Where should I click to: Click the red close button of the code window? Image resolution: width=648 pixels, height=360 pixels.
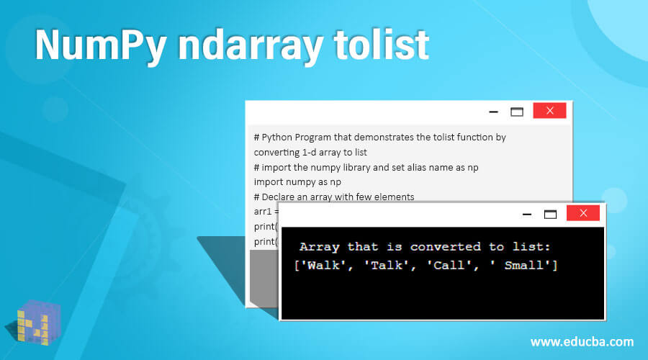pyautogui.click(x=549, y=111)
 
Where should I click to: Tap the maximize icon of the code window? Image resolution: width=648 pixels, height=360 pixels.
pyautogui.click(x=516, y=112)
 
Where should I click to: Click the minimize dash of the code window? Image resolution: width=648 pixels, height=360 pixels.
pyautogui.click(x=493, y=112)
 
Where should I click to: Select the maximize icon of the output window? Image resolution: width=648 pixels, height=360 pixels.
pyautogui.click(x=550, y=214)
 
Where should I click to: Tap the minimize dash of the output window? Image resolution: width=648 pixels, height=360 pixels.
pyautogui.click(x=527, y=214)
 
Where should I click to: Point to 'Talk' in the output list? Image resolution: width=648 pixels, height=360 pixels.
pyautogui.click(x=387, y=265)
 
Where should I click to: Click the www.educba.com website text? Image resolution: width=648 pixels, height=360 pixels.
pyautogui.click(x=582, y=341)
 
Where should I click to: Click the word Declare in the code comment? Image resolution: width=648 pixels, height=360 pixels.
pyautogui.click(x=280, y=197)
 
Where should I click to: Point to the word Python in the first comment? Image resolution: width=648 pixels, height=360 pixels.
pyautogui.click(x=278, y=137)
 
